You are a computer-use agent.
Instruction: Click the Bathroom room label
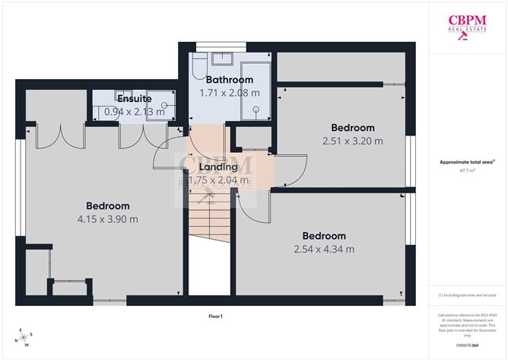(225, 80)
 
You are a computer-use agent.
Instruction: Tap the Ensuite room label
(134, 99)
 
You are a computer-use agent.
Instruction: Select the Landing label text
(218, 167)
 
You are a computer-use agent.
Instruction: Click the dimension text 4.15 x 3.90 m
(107, 219)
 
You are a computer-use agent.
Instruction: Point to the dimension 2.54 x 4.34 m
(324, 249)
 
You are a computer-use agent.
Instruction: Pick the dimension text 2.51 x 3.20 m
(352, 141)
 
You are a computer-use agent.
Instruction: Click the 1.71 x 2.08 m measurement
(225, 93)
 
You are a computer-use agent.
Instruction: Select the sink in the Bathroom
(224, 59)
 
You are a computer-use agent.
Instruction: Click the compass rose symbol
(25, 336)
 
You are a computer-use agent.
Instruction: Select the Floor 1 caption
(215, 316)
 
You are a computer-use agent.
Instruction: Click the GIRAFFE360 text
(467, 345)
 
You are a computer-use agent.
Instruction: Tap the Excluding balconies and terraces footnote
(466, 295)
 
